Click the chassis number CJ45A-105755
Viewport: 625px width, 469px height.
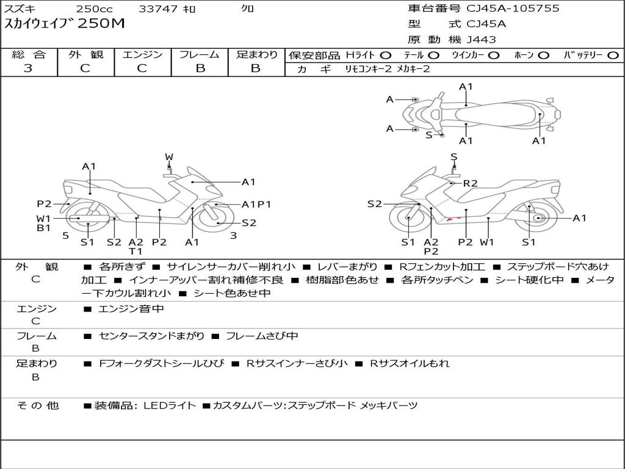pos(513,9)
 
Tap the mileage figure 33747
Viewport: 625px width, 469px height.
pos(158,9)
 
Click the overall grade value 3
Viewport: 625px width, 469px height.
pos(28,68)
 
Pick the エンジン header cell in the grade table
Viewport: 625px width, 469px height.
pos(142,55)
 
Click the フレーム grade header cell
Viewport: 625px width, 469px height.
pos(200,55)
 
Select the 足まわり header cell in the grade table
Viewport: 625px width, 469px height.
pos(256,55)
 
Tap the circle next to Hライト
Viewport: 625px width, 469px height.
pos(386,56)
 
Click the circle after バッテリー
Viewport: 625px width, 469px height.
pos(613,56)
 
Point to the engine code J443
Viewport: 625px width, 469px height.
pos(481,40)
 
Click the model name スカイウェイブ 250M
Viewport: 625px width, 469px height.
pos(65,24)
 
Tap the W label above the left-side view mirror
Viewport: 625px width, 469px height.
pos(169,157)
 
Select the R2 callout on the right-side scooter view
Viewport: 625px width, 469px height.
pos(470,183)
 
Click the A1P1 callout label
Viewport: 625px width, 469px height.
pos(256,205)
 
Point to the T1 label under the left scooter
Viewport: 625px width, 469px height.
pos(135,251)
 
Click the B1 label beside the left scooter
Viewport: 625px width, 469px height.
pos(43,228)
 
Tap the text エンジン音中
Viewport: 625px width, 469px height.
pos(131,309)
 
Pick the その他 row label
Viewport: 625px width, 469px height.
pos(37,405)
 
